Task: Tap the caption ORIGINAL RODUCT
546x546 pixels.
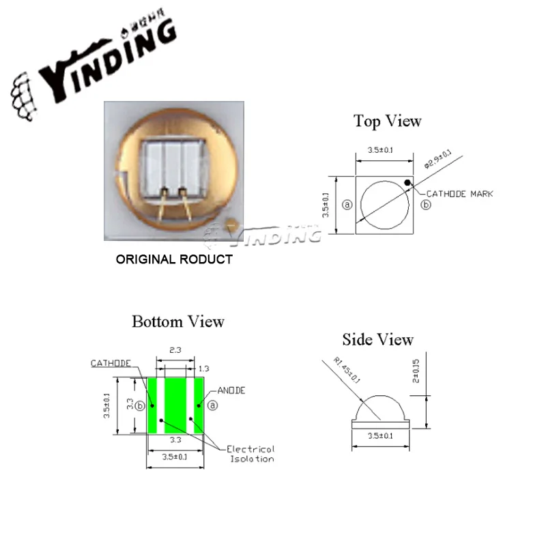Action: point(173,259)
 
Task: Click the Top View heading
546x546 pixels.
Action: point(387,121)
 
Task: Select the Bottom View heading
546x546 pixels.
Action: point(177,321)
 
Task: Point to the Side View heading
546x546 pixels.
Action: point(377,339)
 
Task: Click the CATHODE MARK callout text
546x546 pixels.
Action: point(459,195)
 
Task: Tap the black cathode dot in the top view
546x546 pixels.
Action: point(407,182)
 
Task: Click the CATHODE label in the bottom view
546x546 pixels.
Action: point(111,364)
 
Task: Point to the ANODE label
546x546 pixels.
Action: point(231,390)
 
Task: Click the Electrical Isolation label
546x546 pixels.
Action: point(250,454)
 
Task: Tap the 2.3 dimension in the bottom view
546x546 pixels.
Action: point(175,350)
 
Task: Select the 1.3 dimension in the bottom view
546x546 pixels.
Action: point(203,369)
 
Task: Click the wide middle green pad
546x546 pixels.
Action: point(175,406)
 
